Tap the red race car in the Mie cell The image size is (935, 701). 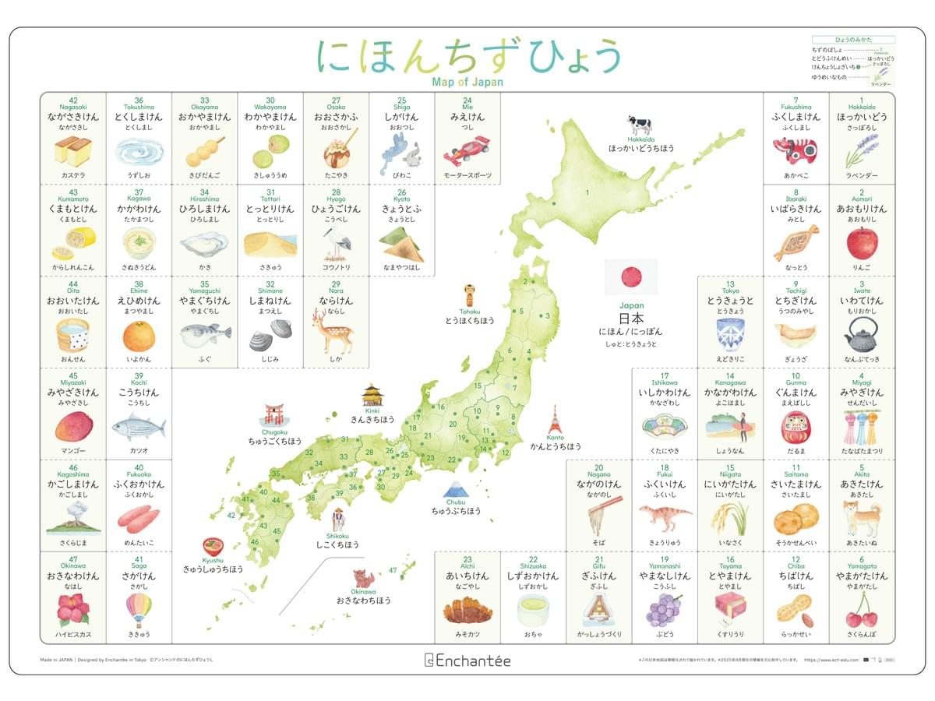[x=467, y=152]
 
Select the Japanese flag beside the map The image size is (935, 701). [x=631, y=277]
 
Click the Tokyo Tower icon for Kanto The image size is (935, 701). [x=555, y=421]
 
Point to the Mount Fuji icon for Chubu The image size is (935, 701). [x=455, y=491]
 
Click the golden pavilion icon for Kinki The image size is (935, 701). [x=372, y=395]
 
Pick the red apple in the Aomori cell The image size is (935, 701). [x=861, y=244]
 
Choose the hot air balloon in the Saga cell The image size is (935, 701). [x=139, y=609]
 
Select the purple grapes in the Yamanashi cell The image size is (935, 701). [x=664, y=609]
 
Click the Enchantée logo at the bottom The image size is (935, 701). [x=467, y=660]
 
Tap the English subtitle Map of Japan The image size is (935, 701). [x=467, y=82]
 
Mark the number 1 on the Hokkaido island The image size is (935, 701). [x=587, y=191]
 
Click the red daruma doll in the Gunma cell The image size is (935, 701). [x=796, y=427]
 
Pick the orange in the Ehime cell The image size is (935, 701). [x=139, y=336]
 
